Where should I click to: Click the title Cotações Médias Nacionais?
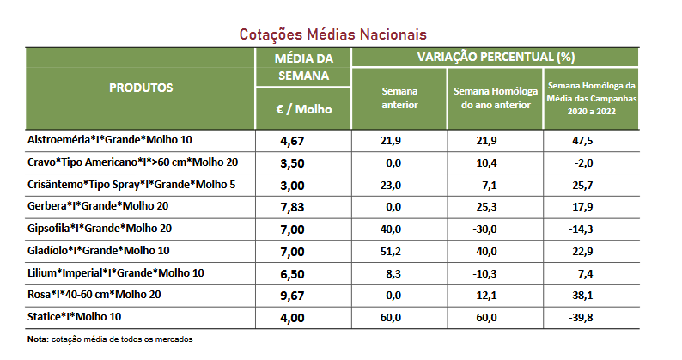click(x=335, y=34)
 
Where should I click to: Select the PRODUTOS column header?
click(x=142, y=88)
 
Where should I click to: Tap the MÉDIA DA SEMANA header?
click(x=303, y=66)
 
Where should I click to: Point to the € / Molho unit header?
click(x=303, y=109)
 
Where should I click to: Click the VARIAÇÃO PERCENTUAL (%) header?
click(x=496, y=57)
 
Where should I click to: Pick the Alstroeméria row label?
click(x=111, y=139)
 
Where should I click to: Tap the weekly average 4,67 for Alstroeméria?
click(x=295, y=140)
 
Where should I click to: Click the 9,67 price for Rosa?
click(x=295, y=295)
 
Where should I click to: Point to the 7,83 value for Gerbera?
click(x=295, y=206)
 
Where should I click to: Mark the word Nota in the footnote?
click(x=37, y=339)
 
